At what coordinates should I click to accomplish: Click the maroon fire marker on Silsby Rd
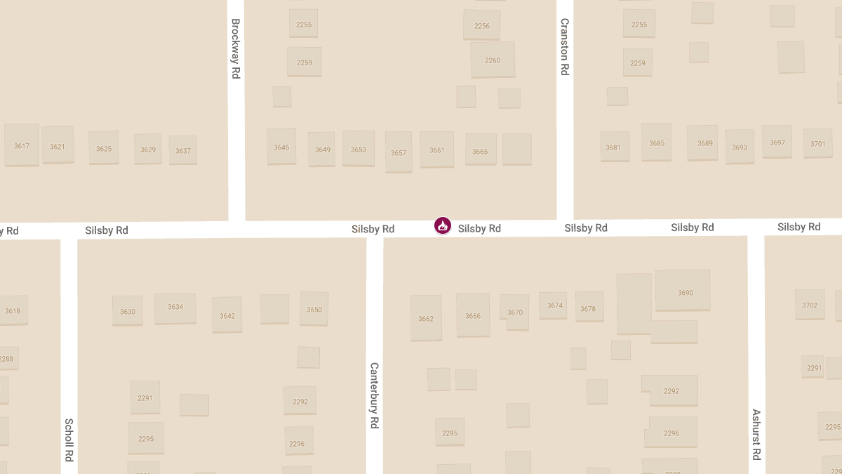pyautogui.click(x=442, y=225)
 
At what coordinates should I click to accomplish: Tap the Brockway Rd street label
pyautogui.click(x=236, y=48)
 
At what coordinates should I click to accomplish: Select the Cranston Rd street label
pyautogui.click(x=564, y=47)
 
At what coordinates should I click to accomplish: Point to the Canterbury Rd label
pyautogui.click(x=375, y=395)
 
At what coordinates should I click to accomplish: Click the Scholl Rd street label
pyautogui.click(x=69, y=440)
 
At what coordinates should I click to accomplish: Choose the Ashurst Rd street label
pyautogui.click(x=756, y=435)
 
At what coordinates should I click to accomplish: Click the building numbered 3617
pyautogui.click(x=22, y=145)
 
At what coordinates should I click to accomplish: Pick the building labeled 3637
pyautogui.click(x=183, y=150)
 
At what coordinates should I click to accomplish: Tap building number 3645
pyautogui.click(x=281, y=147)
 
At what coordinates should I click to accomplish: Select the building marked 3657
pyautogui.click(x=399, y=152)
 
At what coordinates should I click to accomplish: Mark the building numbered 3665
pyautogui.click(x=480, y=151)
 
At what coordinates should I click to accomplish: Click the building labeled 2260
pyautogui.click(x=493, y=60)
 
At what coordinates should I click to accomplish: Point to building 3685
pyautogui.click(x=657, y=143)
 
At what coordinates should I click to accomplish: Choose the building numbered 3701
pyautogui.click(x=818, y=143)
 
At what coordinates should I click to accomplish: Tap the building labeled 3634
pyautogui.click(x=175, y=308)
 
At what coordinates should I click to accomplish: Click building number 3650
pyautogui.click(x=314, y=309)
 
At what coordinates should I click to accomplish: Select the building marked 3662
pyautogui.click(x=426, y=318)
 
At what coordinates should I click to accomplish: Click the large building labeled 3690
pyautogui.click(x=683, y=291)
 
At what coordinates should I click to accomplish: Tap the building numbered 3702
pyautogui.click(x=810, y=305)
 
